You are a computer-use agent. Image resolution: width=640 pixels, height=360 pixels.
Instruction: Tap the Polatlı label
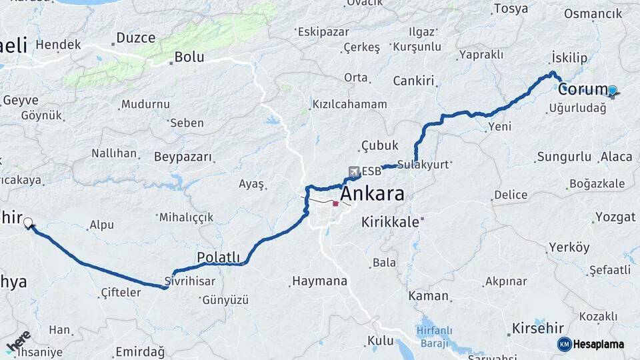pyautogui.click(x=218, y=257)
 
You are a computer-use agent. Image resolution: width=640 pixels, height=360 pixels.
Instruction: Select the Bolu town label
pyautogui.click(x=189, y=57)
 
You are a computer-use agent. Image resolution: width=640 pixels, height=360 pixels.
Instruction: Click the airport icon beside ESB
pyautogui.click(x=352, y=171)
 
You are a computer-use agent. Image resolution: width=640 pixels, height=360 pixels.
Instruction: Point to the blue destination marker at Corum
pyautogui.click(x=612, y=90)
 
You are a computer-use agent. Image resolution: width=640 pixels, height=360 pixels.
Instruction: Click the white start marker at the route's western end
pyautogui.click(x=28, y=223)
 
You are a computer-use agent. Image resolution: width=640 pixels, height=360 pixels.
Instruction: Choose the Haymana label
pyautogui.click(x=320, y=281)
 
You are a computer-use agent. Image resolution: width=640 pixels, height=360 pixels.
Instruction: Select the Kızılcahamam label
pyautogui.click(x=349, y=104)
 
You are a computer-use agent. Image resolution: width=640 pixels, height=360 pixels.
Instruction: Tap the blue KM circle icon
pyautogui.click(x=564, y=344)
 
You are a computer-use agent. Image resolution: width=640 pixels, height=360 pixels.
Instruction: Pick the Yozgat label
pyautogui.click(x=611, y=217)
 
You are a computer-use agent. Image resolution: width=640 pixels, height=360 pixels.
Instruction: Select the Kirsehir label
pyautogui.click(x=537, y=328)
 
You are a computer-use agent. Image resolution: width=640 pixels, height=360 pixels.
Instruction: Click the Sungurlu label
pyautogui.click(x=563, y=157)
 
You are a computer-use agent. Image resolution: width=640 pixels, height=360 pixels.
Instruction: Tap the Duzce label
pyautogui.click(x=135, y=38)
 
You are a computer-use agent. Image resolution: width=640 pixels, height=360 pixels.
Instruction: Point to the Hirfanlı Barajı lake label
pyautogui.click(x=434, y=335)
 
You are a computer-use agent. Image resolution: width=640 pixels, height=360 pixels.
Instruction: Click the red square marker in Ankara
pyautogui.click(x=335, y=204)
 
